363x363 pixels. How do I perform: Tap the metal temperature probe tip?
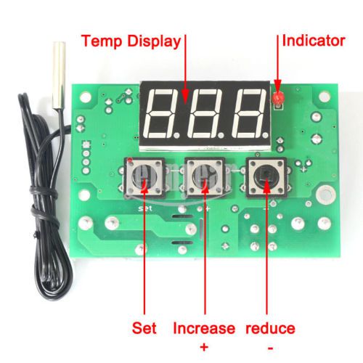[59, 76]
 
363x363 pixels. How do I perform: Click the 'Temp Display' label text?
[131, 41]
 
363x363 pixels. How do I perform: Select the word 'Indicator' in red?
[314, 41]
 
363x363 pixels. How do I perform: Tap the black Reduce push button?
[266, 178]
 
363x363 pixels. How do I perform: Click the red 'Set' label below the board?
[144, 328]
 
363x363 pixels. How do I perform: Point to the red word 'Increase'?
[204, 328]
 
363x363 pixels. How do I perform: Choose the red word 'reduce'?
[270, 328]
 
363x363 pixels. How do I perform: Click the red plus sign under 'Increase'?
[204, 347]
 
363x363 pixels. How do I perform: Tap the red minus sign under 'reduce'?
[271, 348]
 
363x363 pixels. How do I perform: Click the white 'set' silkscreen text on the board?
[145, 208]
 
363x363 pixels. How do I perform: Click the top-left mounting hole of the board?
[86, 97]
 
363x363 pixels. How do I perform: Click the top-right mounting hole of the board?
[325, 97]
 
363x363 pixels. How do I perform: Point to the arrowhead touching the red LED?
[278, 89]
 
